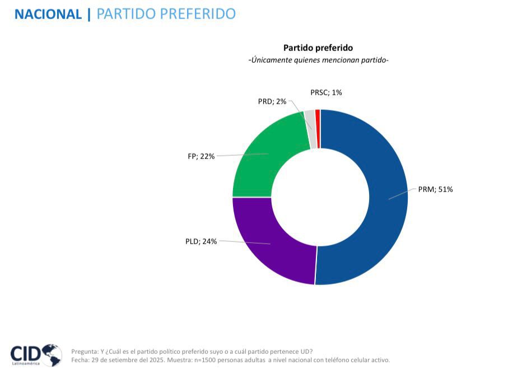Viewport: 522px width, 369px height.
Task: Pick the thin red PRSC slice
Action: click(318, 129)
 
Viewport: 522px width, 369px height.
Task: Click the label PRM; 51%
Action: click(435, 189)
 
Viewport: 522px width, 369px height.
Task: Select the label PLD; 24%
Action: click(201, 241)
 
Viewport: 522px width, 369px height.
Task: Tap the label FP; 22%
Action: click(201, 156)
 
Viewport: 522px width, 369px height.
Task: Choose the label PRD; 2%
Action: click(272, 101)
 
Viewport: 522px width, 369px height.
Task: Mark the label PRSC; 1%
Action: click(326, 92)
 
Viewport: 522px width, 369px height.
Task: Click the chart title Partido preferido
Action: click(318, 48)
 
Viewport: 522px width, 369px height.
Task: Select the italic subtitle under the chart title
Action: click(318, 60)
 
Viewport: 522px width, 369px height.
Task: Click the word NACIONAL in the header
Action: click(48, 13)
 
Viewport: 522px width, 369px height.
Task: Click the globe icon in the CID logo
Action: click(51, 354)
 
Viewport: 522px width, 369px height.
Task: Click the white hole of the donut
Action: click(320, 197)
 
